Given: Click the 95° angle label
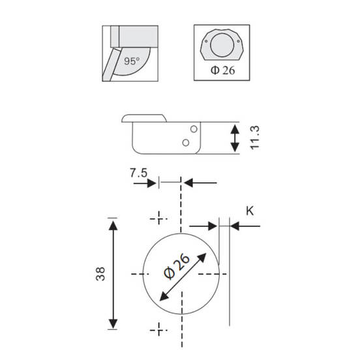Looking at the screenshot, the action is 132,61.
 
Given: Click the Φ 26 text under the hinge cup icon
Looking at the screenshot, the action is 222,70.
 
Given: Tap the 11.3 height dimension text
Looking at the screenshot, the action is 255,138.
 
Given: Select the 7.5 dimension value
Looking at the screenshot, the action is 138,173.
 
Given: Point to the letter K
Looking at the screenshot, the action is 250,211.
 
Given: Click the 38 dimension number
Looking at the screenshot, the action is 100,274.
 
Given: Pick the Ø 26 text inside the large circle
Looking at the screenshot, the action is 177,267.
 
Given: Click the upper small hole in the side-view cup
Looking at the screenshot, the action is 194,129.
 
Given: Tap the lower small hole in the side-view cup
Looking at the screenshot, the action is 186,143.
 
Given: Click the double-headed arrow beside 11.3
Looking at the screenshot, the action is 235,138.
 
